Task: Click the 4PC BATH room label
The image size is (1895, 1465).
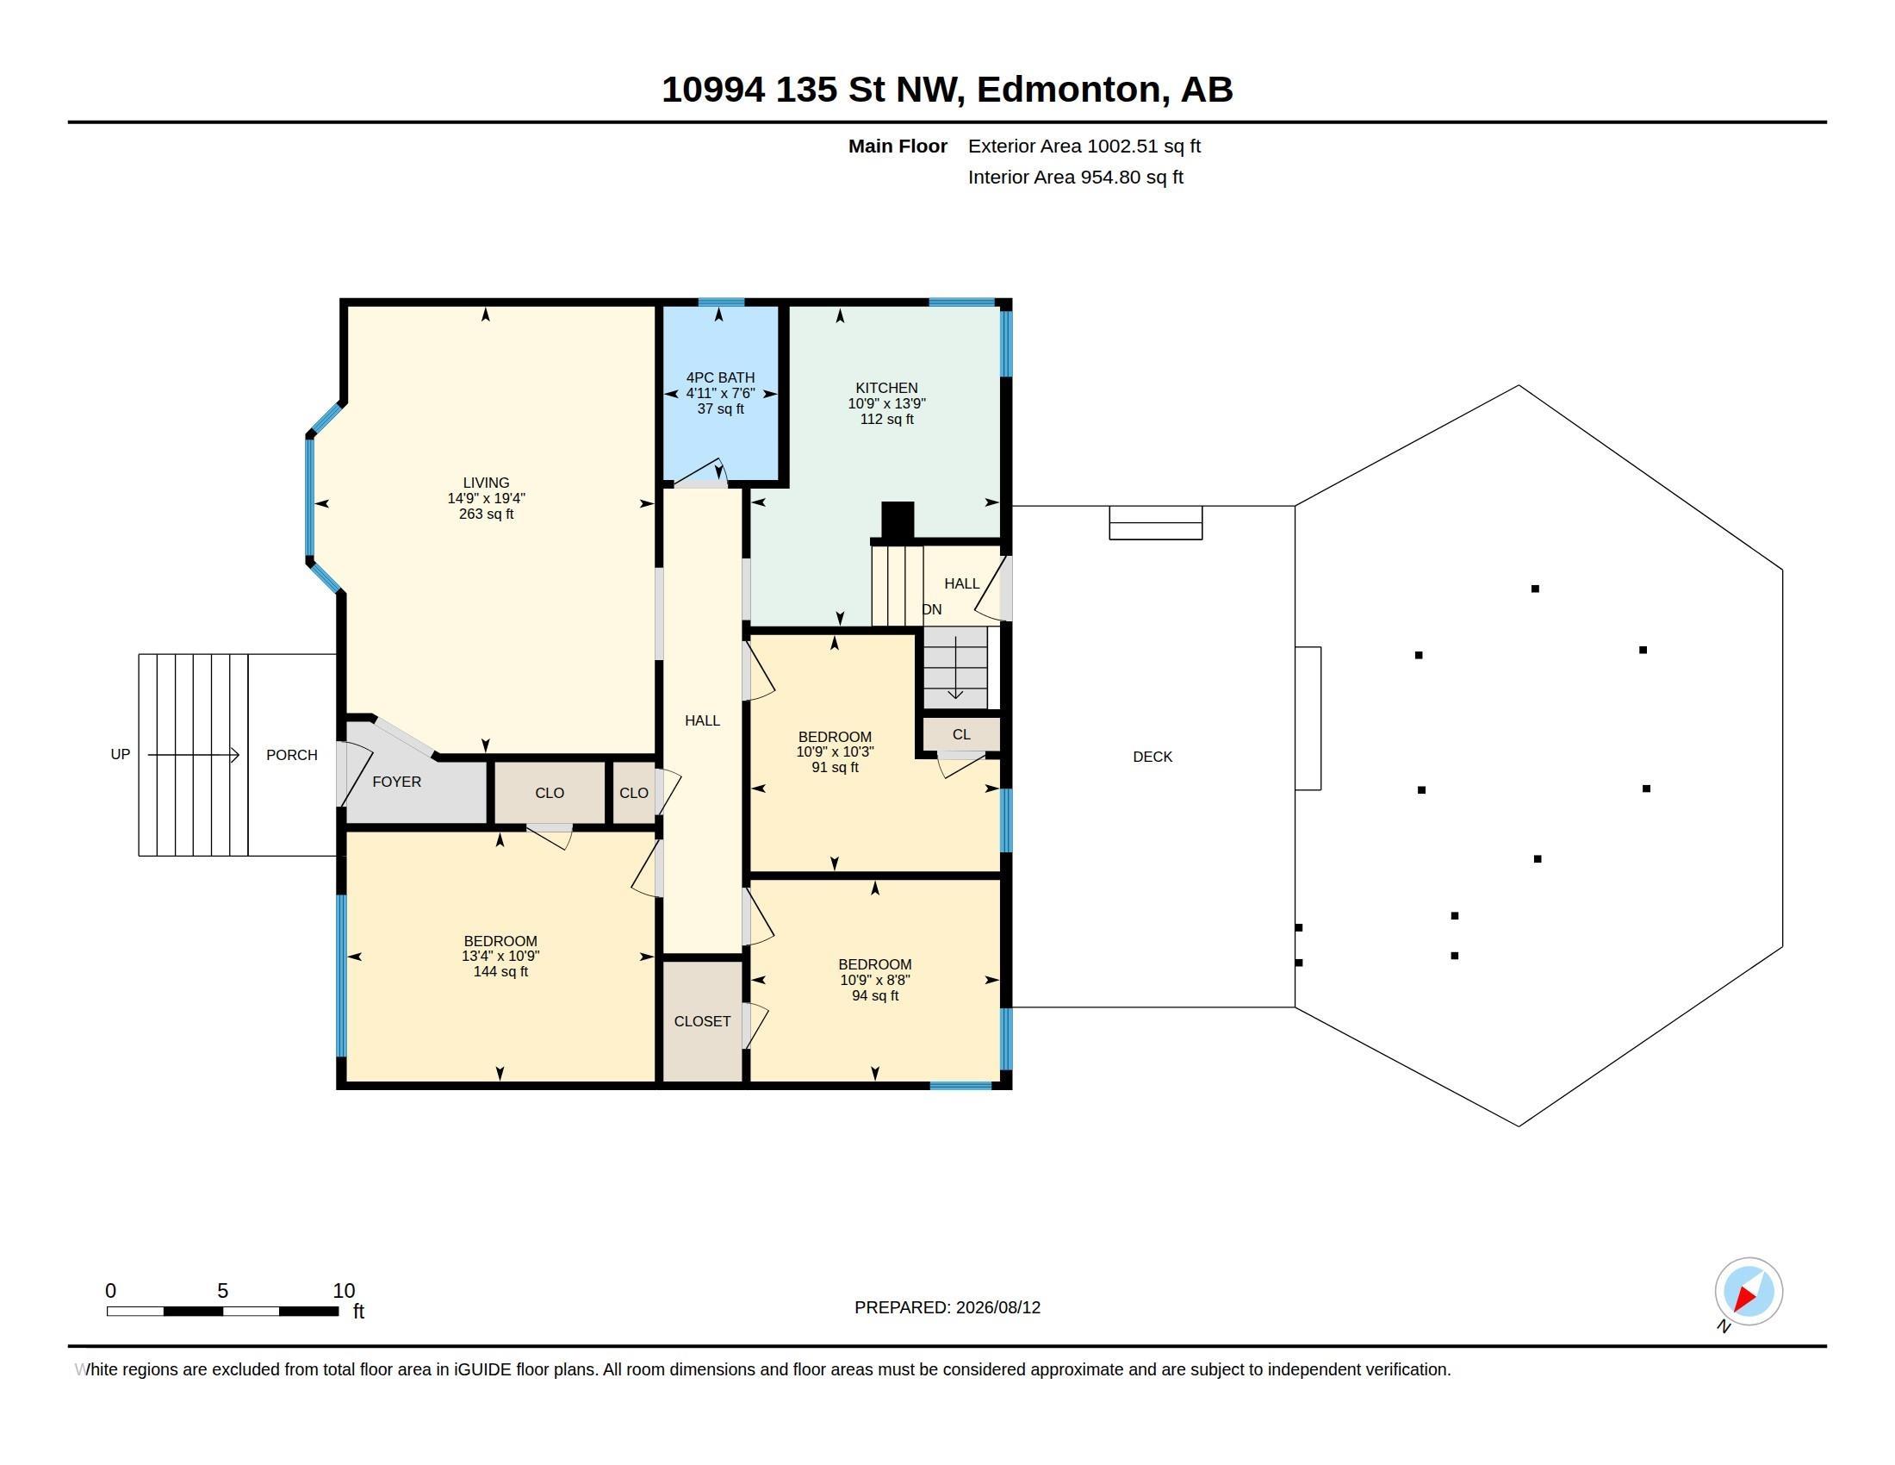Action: point(720,377)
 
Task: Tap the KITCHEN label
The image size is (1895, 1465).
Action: point(885,388)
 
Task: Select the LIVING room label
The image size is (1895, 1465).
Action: point(486,483)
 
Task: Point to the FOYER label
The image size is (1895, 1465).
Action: point(396,782)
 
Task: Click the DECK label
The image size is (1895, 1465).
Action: point(1153,757)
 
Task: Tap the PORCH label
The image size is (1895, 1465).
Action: point(291,755)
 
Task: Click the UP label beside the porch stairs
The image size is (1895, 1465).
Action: point(121,754)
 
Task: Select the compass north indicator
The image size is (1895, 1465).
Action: point(1749,1292)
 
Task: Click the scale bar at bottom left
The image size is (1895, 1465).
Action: point(222,1311)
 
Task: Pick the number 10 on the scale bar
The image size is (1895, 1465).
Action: point(344,1291)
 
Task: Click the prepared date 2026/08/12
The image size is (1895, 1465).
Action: point(997,1307)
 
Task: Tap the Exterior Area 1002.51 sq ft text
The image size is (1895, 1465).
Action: point(1084,146)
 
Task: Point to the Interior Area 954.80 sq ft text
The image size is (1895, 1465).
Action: point(1075,177)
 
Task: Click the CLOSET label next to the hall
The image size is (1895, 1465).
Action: point(702,1021)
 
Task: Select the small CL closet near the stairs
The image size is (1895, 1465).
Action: point(961,734)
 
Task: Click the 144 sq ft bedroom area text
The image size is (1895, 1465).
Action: point(500,971)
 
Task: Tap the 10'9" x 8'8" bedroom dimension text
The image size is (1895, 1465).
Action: point(874,980)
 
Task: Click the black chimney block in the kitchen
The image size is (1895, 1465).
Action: point(898,521)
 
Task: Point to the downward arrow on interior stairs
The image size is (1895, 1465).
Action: point(955,667)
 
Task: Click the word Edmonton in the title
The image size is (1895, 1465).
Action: point(1069,89)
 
